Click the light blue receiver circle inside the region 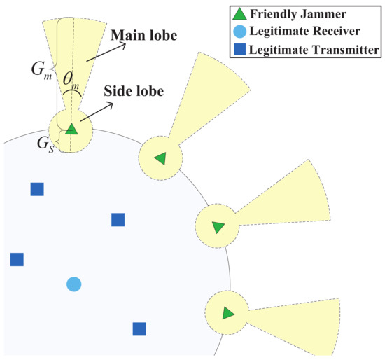tap(73, 284)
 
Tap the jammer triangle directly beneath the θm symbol tap(71, 129)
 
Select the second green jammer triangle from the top tap(161, 158)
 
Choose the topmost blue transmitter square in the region tap(36, 188)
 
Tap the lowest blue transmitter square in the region tap(139, 328)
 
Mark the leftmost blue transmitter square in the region tap(17, 259)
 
